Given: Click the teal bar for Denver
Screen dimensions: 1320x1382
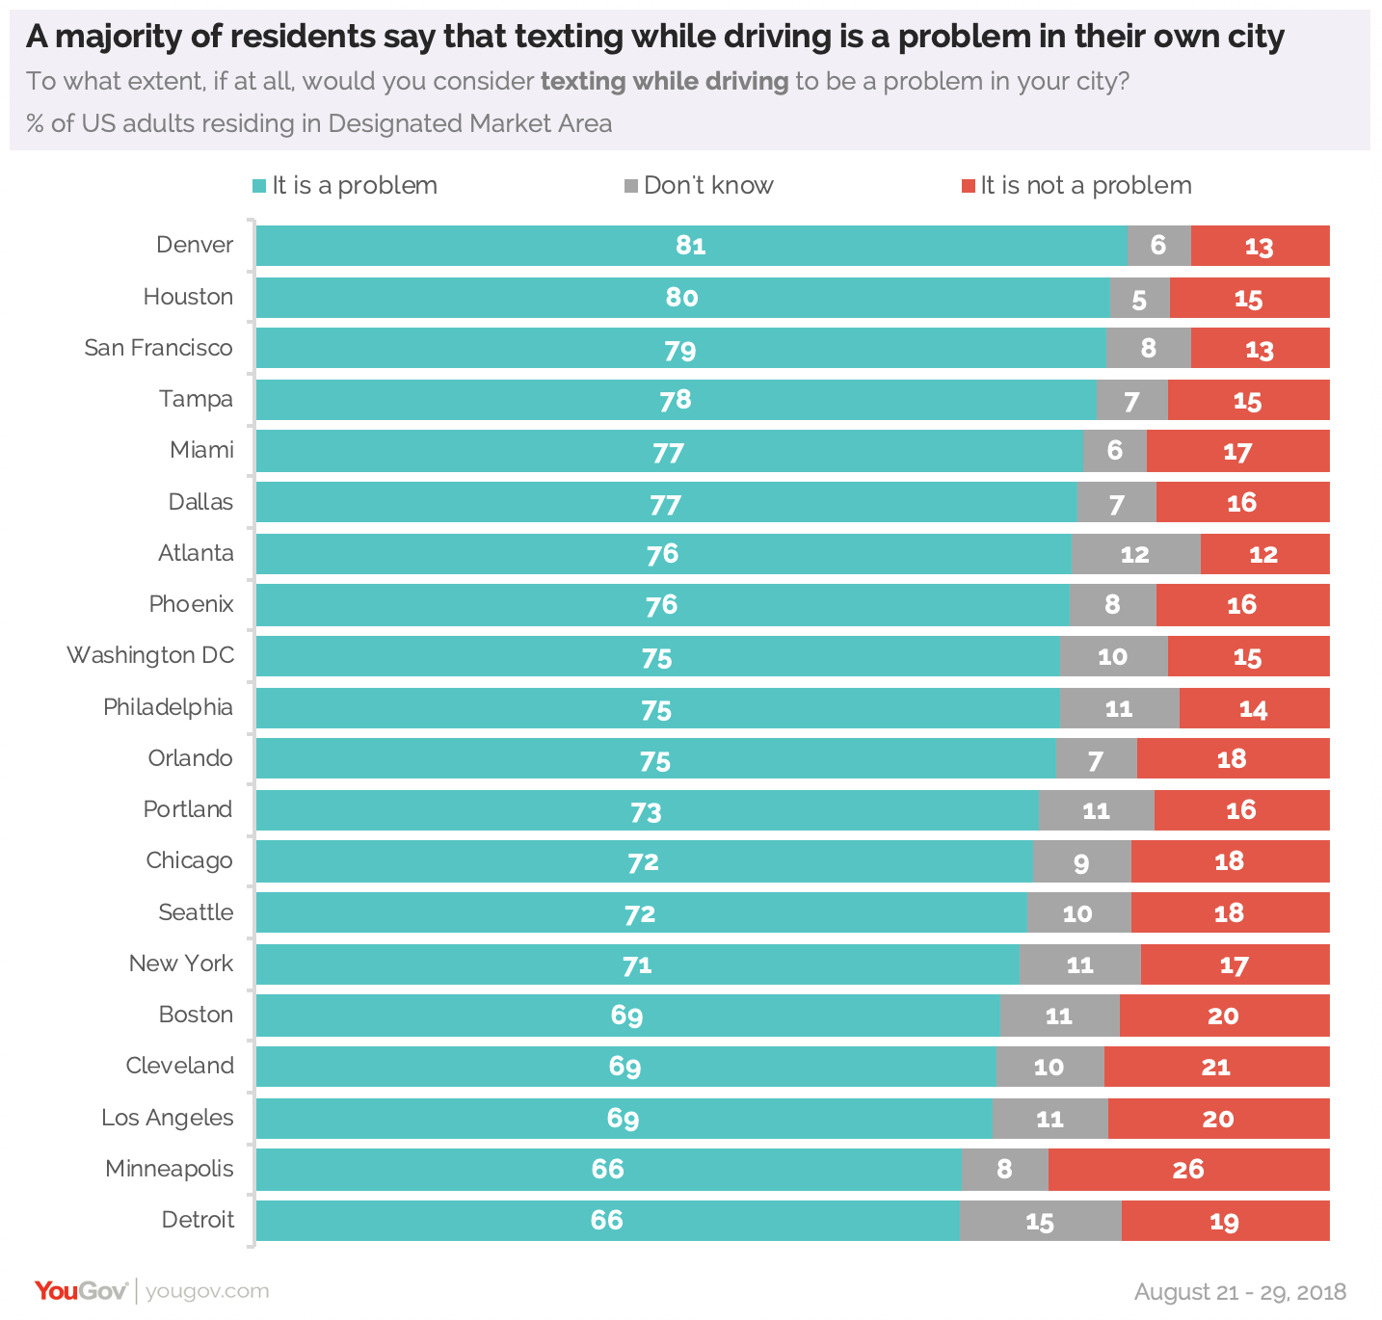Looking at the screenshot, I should pyautogui.click(x=690, y=246).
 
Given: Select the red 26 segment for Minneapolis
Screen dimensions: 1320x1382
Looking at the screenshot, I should pyautogui.click(x=1188, y=1170).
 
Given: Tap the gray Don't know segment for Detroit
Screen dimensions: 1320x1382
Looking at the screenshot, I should pyautogui.click(x=1040, y=1221).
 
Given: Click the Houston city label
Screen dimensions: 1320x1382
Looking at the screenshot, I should pyautogui.click(x=188, y=297).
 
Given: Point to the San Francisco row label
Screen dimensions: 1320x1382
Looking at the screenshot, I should pyautogui.click(x=158, y=348).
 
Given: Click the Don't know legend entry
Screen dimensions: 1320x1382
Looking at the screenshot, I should pyautogui.click(x=700, y=186).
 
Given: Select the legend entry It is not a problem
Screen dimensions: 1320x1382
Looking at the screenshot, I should pyautogui.click(x=1076, y=186).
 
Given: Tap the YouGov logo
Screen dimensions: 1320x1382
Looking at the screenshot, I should pyautogui.click(x=81, y=1291).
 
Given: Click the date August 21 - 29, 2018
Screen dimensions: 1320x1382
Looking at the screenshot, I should pyautogui.click(x=1239, y=1292).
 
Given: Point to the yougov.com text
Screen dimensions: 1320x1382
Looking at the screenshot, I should pyautogui.click(x=207, y=1291).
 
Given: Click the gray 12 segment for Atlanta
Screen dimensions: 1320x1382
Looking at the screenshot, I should pyautogui.click(x=1135, y=554).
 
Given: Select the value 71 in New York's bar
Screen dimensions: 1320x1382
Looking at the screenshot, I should pyautogui.click(x=637, y=964).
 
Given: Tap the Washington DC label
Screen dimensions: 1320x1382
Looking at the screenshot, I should pyautogui.click(x=150, y=655).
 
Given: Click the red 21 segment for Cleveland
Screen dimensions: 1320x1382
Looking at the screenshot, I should pyautogui.click(x=1216, y=1067).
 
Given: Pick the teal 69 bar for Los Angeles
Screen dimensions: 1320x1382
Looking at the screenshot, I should pyautogui.click(x=624, y=1119).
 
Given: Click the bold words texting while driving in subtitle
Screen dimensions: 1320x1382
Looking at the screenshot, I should pyautogui.click(x=664, y=81).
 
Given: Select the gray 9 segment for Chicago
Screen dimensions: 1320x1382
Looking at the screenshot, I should pyautogui.click(x=1081, y=861).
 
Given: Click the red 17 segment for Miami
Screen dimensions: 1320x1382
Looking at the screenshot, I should pyautogui.click(x=1237, y=451).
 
